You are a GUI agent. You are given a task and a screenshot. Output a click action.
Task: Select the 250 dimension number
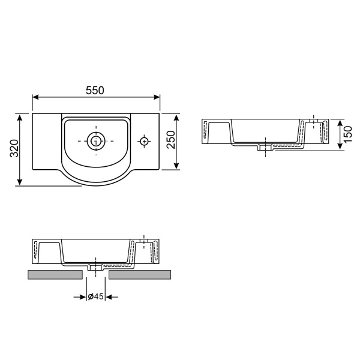coord(170,140)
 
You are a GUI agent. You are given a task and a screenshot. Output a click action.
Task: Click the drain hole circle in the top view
coord(95,141)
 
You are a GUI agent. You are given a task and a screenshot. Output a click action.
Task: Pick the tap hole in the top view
coord(144,141)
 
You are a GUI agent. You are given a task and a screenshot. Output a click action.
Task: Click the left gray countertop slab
coord(55,275)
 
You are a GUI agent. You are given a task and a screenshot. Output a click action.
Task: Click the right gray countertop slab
coord(140,275)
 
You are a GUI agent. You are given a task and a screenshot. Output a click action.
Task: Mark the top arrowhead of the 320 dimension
coord(21,116)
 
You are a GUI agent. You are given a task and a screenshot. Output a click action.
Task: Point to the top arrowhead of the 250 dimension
coord(178,116)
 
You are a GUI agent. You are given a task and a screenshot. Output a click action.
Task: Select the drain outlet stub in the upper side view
coord(263,148)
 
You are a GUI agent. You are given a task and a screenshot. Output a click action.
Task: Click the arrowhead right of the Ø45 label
coord(110,296)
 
